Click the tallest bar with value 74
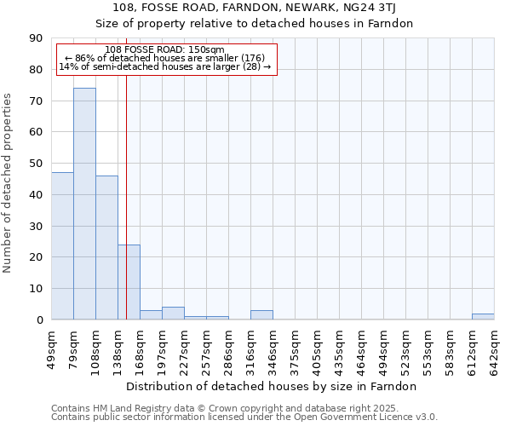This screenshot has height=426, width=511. pos(84,204)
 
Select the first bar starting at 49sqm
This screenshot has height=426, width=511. pos(62,246)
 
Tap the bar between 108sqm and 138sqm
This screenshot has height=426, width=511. pos(106,248)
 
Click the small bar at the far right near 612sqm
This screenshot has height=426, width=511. pos(483,317)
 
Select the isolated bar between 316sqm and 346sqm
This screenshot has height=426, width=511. pos(261,315)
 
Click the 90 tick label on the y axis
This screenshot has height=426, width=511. pos(36,38)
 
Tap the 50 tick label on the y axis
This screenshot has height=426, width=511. pos(36,164)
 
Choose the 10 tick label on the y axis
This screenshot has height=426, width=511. pos(36,289)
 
